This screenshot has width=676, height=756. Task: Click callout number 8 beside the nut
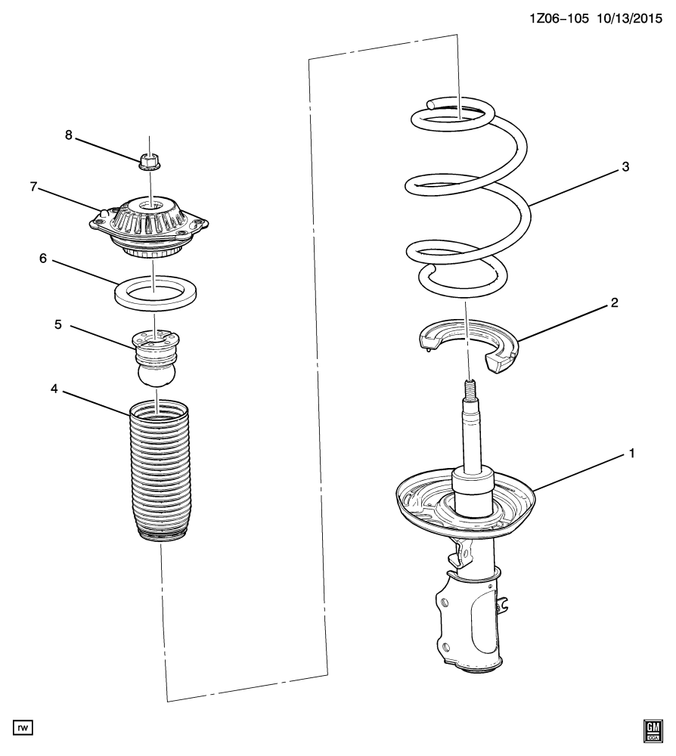pos(69,135)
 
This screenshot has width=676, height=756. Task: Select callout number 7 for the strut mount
pos(33,187)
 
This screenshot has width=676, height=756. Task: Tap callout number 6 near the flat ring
pos(43,259)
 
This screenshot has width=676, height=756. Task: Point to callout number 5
pos(58,324)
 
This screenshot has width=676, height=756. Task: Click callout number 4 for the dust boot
pos(54,388)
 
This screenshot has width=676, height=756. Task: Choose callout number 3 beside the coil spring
pos(625,167)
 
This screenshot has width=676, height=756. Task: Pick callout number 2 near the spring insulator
pos(614,303)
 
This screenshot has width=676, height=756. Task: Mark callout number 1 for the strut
pos(631,453)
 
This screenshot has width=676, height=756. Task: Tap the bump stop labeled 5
pos(157,357)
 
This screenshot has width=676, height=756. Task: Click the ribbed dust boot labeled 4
pos(159,472)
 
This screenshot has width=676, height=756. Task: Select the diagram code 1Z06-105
pos(559,19)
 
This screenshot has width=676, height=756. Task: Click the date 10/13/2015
pos(629,19)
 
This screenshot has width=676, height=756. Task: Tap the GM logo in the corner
pos(653,731)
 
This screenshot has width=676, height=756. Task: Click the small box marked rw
pos(23,727)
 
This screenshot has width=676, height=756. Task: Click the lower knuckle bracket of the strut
pos(468,622)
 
